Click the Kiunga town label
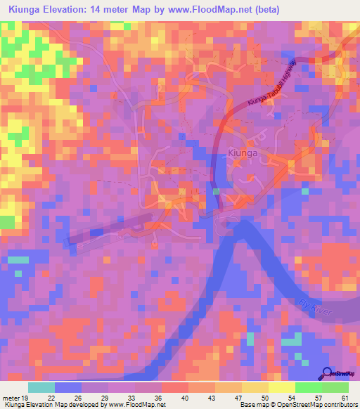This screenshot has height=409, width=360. [244, 151]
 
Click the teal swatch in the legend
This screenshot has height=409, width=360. [41, 387]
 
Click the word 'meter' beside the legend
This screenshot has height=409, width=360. [9, 397]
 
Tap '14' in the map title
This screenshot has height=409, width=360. [116, 9]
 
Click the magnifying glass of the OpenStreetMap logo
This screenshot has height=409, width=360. [328, 373]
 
